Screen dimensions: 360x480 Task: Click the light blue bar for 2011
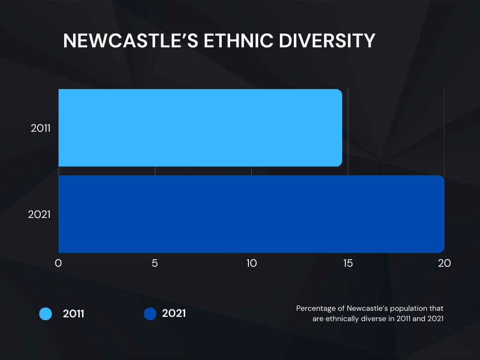200,127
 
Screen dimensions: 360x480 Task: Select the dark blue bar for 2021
251,214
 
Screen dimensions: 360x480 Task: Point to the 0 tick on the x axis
59,263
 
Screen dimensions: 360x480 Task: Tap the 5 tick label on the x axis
155,263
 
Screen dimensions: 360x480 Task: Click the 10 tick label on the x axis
251,263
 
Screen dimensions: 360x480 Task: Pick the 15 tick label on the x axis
348,263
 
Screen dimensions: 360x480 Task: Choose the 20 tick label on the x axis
444,263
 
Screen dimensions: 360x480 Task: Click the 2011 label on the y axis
40,128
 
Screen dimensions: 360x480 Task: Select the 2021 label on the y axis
39,214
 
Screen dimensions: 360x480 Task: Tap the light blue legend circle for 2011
45,314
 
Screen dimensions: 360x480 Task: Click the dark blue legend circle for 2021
150,314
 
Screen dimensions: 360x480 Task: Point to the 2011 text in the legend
74,314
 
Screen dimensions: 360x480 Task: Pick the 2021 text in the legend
174,313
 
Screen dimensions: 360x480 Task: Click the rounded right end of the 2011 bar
340,127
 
